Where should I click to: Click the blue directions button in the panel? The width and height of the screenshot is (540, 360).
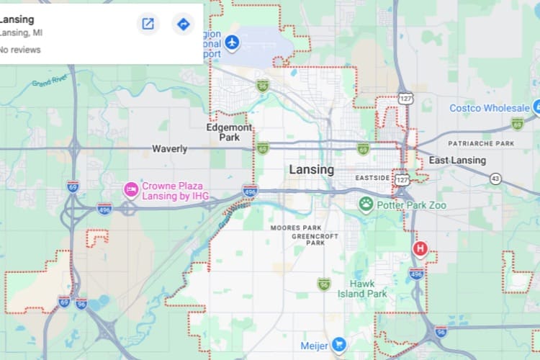coord(184,24)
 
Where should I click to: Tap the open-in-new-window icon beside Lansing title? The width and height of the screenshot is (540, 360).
coord(148,24)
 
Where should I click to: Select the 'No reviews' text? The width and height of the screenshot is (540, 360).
coord(19,50)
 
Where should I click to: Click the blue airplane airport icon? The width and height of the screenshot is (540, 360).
coord(231,42)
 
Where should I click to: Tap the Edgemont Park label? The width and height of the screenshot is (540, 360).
coord(229,132)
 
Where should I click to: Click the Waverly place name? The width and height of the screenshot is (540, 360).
coord(169,149)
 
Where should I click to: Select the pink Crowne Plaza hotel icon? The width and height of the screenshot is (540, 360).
coord(131,190)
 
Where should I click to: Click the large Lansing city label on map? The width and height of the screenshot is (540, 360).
coord(311,170)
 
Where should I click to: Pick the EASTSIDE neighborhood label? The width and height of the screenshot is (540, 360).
coord(373,177)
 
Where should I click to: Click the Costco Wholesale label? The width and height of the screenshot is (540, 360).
coord(489,108)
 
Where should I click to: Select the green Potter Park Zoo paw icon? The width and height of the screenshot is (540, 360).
coord(366,204)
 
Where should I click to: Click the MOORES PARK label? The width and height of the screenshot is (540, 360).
coord(290,228)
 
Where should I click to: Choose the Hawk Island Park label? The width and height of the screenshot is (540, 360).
coord(368,289)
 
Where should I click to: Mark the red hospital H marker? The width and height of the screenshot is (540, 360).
coord(420,249)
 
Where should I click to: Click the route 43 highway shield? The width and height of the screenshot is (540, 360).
coord(495,178)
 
